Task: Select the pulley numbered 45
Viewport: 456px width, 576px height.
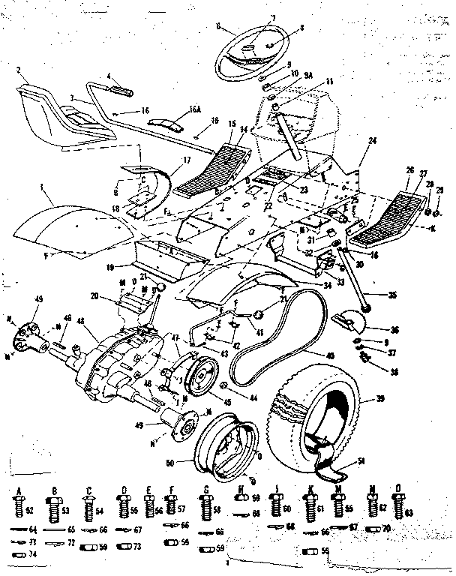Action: tap(202, 375)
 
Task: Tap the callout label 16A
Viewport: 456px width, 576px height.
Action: tap(195, 109)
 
